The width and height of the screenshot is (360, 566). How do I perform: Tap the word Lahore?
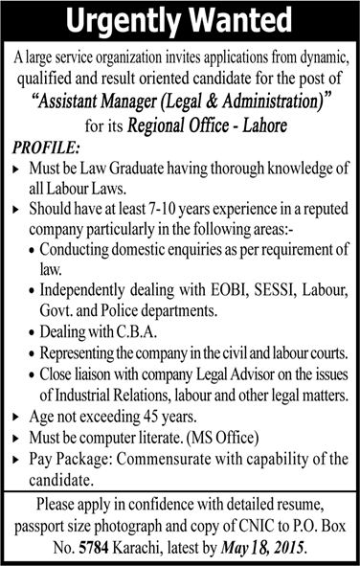258,125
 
